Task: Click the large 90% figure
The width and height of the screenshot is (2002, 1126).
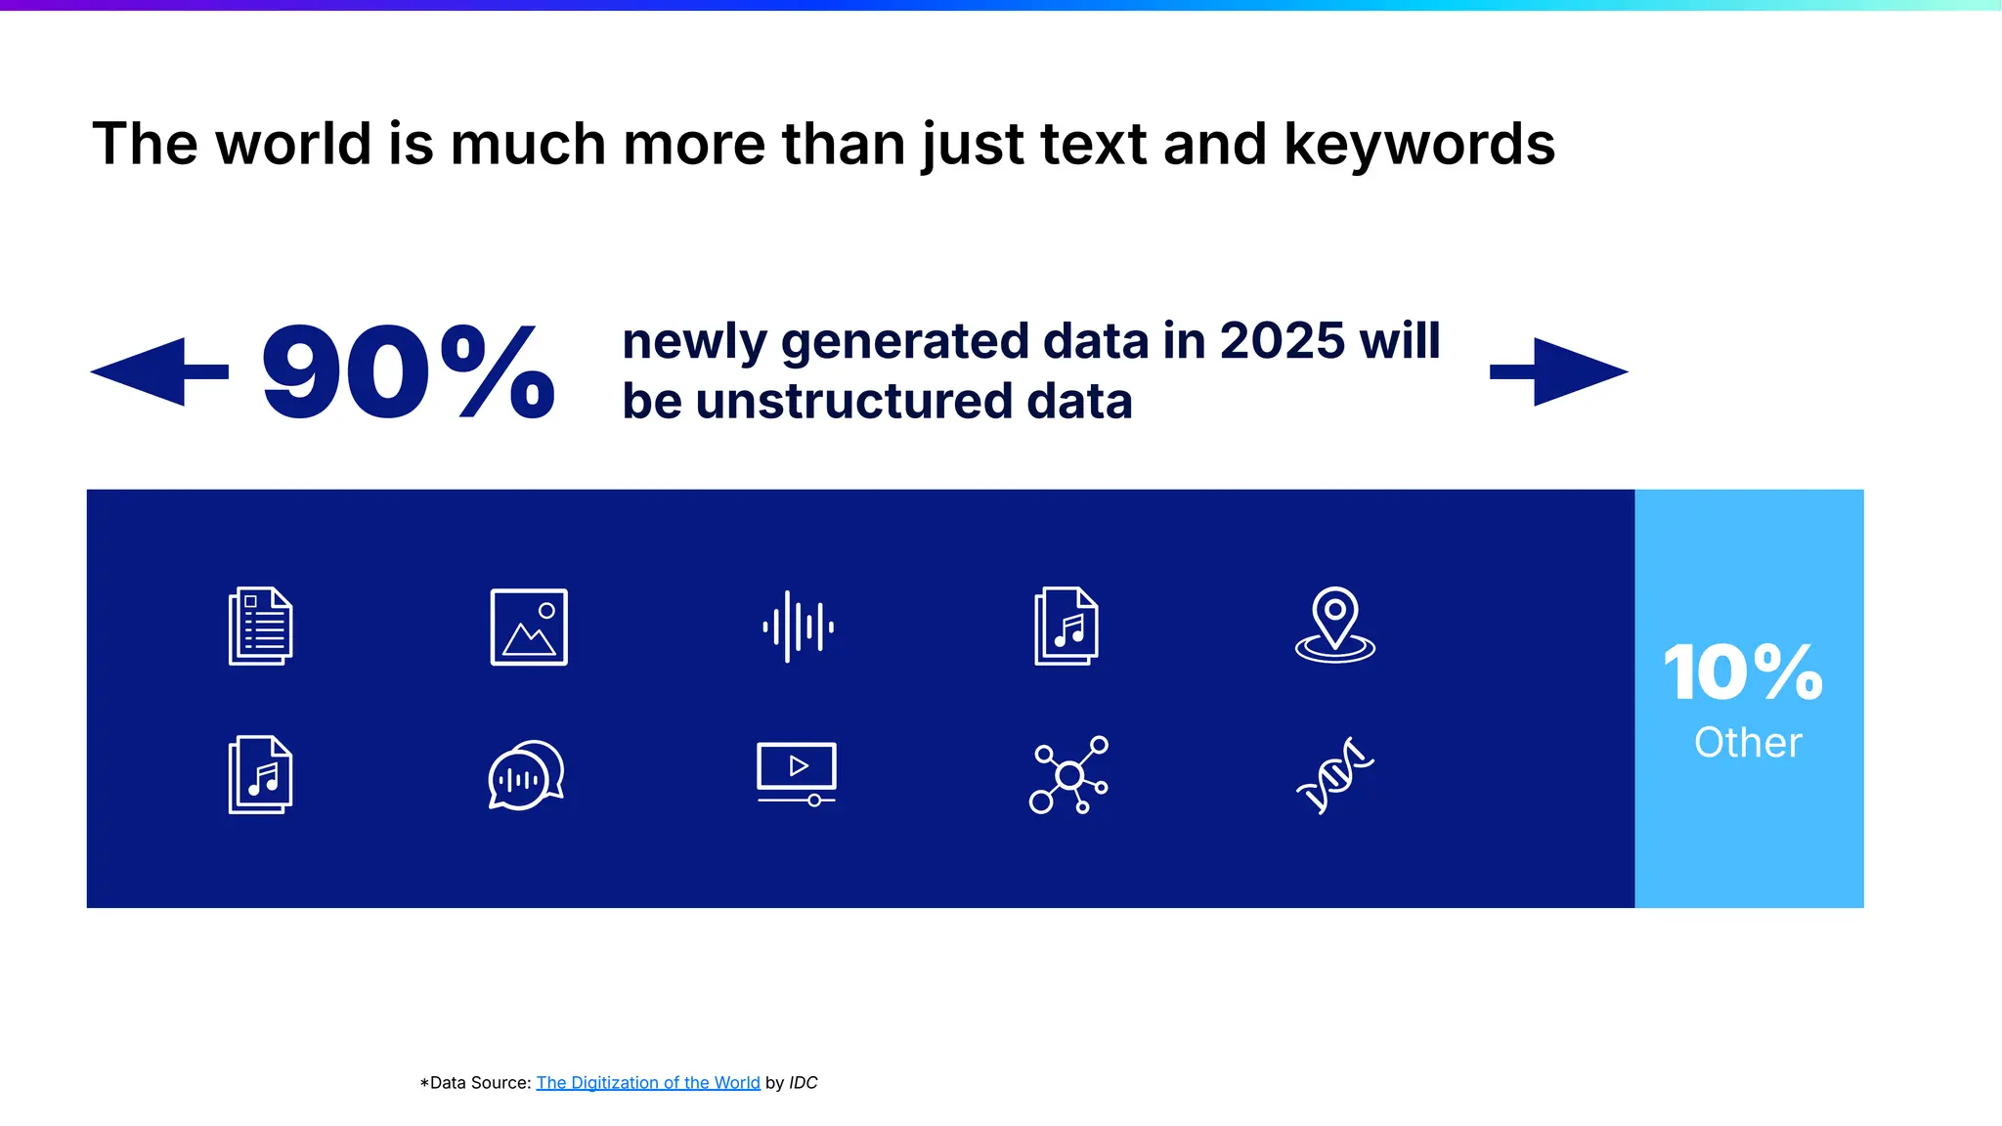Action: point(408,372)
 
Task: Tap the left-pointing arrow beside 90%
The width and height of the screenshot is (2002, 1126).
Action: point(158,371)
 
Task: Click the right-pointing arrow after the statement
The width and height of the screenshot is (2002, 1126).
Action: point(1559,371)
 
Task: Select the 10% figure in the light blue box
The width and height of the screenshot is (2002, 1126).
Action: point(1744,673)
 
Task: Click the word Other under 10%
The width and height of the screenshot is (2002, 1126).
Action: point(1748,743)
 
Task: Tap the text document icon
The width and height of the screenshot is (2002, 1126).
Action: point(260,627)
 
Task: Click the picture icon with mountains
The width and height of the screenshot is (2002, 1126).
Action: point(529,627)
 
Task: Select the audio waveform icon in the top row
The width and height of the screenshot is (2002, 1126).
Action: point(798,627)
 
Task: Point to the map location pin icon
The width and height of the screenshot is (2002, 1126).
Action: point(1335,625)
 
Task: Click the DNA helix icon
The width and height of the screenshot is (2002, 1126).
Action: point(1335,775)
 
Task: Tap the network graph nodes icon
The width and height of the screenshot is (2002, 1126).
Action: point(1068,775)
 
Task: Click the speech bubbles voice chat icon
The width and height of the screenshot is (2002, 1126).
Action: point(526,775)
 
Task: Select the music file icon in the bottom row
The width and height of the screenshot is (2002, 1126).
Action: point(260,775)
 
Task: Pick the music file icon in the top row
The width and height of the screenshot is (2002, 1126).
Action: point(1066,627)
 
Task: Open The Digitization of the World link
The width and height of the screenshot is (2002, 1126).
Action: point(648,1083)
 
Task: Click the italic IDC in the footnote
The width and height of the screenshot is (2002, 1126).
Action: point(804,1083)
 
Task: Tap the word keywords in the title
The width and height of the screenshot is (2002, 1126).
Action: point(1419,145)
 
